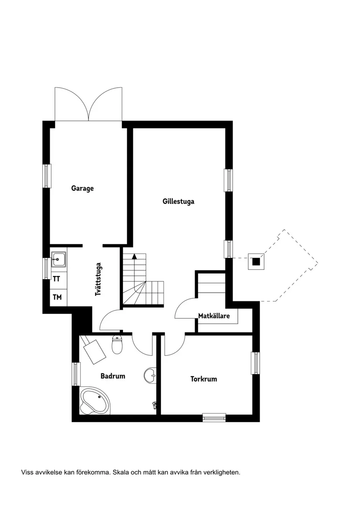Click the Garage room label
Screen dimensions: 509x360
[82, 188]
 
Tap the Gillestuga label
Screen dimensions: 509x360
[178, 202]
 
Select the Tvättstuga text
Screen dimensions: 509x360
[99, 279]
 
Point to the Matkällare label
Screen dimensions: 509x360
[214, 316]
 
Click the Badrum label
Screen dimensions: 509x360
[113, 376]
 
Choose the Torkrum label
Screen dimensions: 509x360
[203, 379]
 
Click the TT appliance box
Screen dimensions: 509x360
[57, 279]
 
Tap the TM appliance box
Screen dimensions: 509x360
[57, 297]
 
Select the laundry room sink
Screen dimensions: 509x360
[58, 260]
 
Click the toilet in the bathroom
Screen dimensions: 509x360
[117, 344]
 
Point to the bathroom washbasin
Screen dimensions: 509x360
[150, 374]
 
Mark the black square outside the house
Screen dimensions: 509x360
[256, 262]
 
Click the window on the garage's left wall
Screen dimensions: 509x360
[46, 176]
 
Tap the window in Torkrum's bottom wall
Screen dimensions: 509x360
[214, 417]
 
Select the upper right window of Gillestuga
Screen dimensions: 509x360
[228, 180]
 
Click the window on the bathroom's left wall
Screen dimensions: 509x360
[76, 374]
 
